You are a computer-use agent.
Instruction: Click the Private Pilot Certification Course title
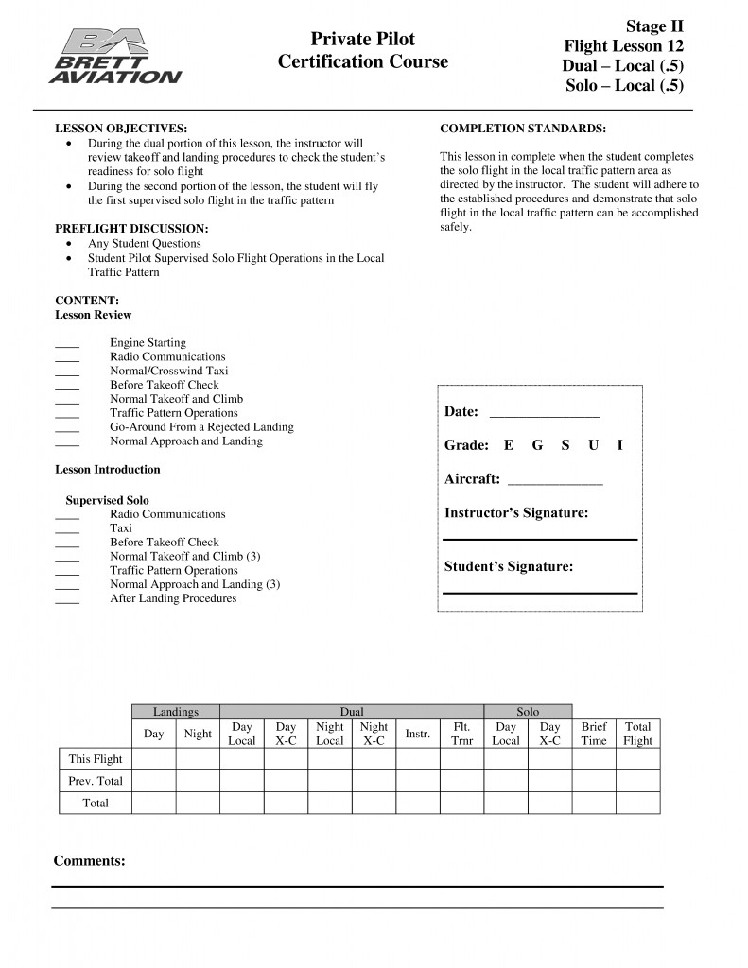(x=363, y=51)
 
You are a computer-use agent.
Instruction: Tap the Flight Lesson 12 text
(x=623, y=45)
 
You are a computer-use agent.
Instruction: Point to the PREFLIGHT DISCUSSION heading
(x=131, y=230)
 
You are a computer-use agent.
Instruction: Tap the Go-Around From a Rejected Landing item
(x=201, y=427)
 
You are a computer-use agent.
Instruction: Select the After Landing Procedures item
(x=173, y=598)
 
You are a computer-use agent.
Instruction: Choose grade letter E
(x=509, y=445)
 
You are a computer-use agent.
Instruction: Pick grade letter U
(x=593, y=445)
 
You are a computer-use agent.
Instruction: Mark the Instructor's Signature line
(x=540, y=538)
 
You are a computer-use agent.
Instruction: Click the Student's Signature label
(x=509, y=567)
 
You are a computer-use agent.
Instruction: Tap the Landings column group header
(x=176, y=712)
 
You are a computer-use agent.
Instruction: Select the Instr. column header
(x=418, y=734)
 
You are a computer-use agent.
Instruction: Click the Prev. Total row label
(x=96, y=781)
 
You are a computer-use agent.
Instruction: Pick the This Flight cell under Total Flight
(x=638, y=758)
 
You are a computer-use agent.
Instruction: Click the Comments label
(x=90, y=861)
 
